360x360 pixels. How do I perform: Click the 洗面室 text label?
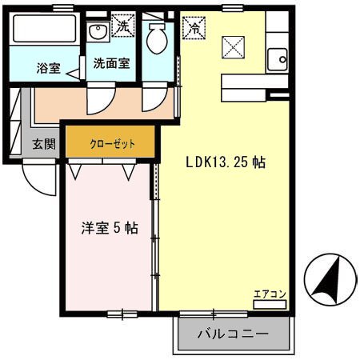tap(111, 62)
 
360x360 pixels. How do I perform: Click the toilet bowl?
tap(158, 35)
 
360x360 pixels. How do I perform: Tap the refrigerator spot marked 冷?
tap(194, 27)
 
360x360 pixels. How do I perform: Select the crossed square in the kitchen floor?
tap(231, 48)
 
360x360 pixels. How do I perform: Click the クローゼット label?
tap(111, 144)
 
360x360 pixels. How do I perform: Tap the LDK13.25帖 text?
tap(226, 162)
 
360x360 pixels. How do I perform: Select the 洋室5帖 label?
tap(110, 227)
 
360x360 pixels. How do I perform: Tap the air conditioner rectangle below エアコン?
tap(270, 303)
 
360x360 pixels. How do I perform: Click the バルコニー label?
tap(231, 334)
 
